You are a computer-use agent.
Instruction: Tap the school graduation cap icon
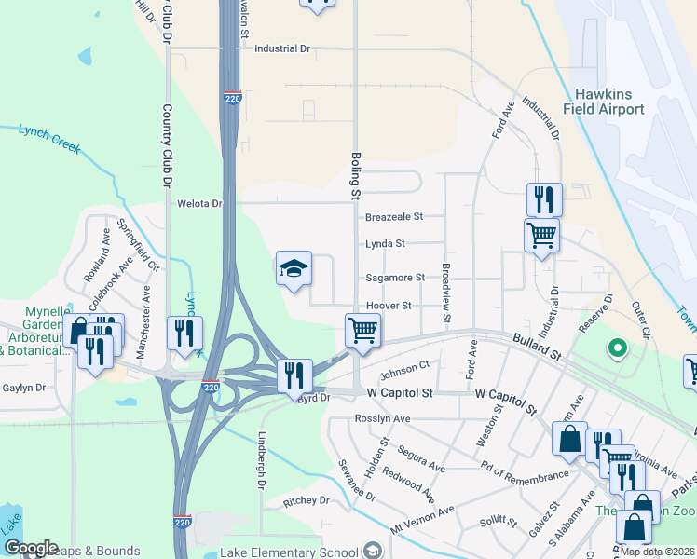pyautogui.click(x=294, y=269)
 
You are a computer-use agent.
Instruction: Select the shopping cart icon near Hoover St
pyautogui.click(x=362, y=329)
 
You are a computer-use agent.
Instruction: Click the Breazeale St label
pyautogui.click(x=394, y=216)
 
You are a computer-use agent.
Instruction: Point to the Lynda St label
pyautogui.click(x=386, y=243)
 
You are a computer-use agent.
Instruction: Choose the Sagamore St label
pyautogui.click(x=394, y=278)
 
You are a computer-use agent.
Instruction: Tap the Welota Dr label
pyautogui.click(x=200, y=203)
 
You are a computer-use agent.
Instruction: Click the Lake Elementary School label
pyautogui.click(x=290, y=552)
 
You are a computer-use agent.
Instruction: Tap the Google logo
pyautogui.click(x=30, y=548)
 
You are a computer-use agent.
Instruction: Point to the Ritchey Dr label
pyautogui.click(x=307, y=500)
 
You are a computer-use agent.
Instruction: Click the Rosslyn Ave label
pyautogui.click(x=383, y=419)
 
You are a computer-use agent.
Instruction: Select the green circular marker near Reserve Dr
pyautogui.click(x=615, y=350)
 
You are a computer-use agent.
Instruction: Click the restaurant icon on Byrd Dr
pyautogui.click(x=294, y=375)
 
